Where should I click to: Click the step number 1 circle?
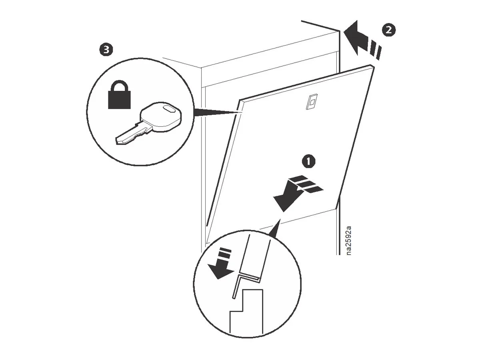(x=308, y=162)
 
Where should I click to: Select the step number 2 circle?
(x=388, y=29)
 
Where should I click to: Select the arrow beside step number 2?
(x=360, y=40)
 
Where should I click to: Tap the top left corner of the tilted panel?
(x=240, y=100)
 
